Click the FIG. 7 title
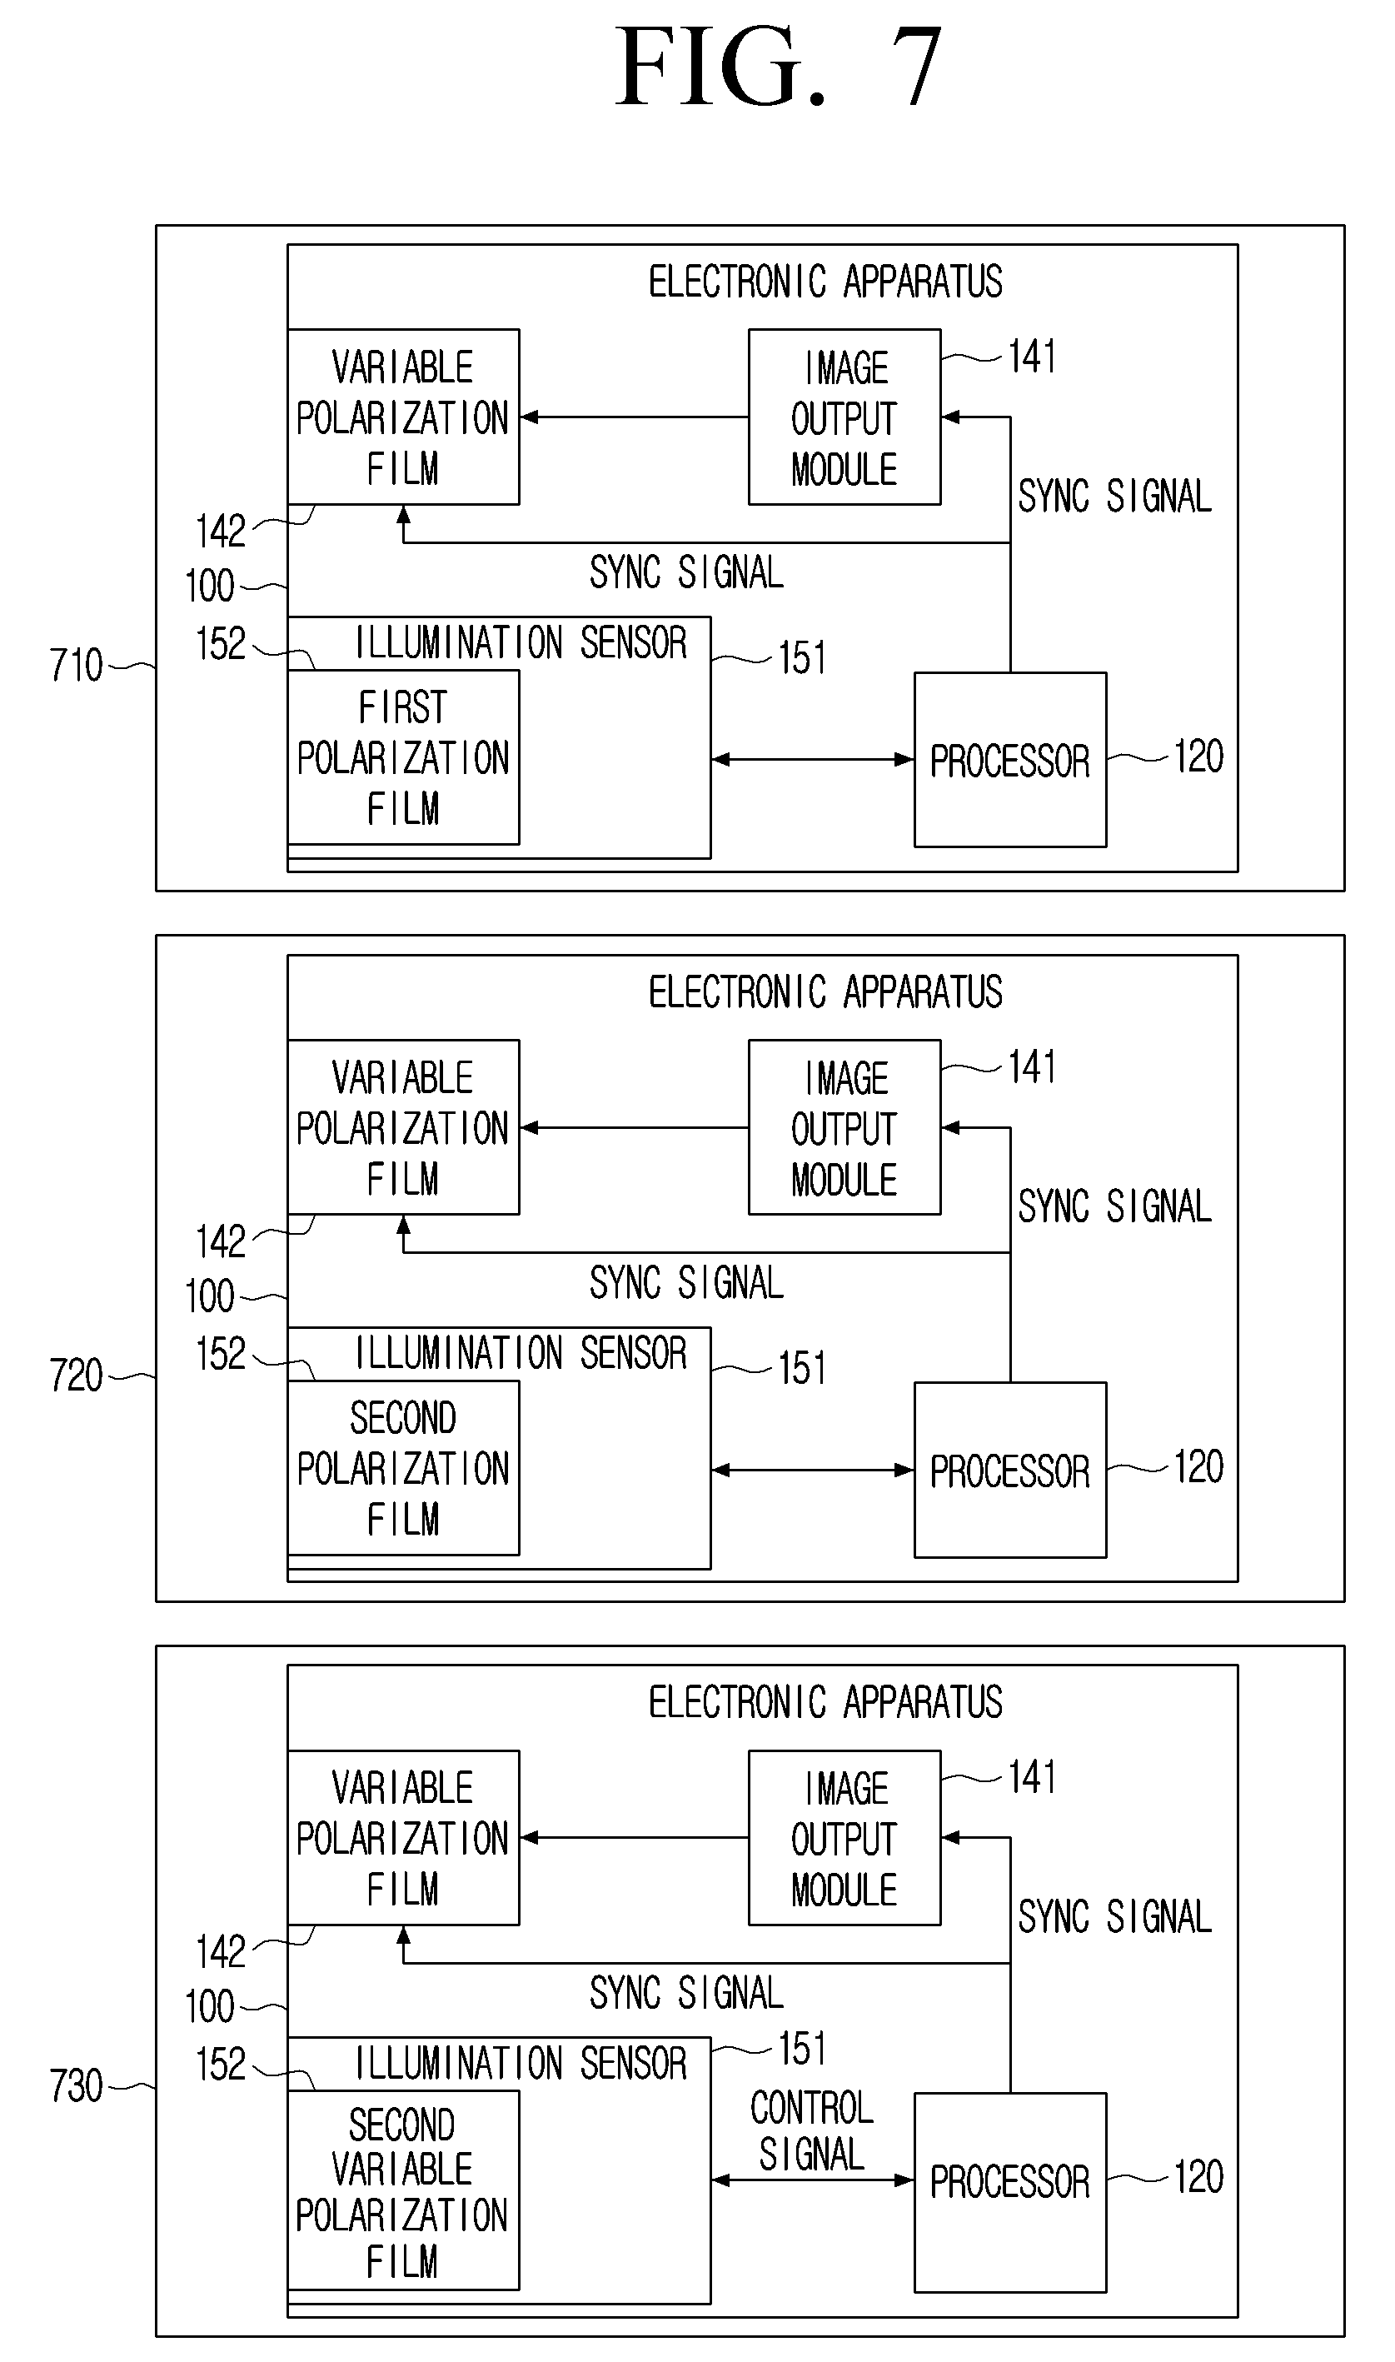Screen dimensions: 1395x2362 tap(779, 67)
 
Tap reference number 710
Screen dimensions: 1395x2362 tap(76, 666)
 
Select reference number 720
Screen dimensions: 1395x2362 tap(76, 1376)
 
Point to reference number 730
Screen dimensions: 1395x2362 tap(76, 2085)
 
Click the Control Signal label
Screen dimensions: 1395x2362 tap(812, 2131)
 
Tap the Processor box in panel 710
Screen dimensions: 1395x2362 tap(1009, 760)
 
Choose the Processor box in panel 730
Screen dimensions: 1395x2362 tap(1009, 2193)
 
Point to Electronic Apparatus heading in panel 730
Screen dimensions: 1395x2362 tap(825, 1703)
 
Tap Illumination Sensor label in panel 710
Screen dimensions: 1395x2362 tap(521, 643)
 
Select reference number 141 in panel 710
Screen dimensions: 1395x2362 tap(1031, 357)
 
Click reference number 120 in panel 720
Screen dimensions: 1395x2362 tap(1198, 1467)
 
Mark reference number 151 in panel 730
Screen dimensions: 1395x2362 tap(802, 2049)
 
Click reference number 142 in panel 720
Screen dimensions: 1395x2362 tap(220, 1242)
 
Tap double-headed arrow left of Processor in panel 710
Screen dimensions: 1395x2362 tap(813, 759)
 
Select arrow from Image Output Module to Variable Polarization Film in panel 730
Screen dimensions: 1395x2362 tap(635, 1837)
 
